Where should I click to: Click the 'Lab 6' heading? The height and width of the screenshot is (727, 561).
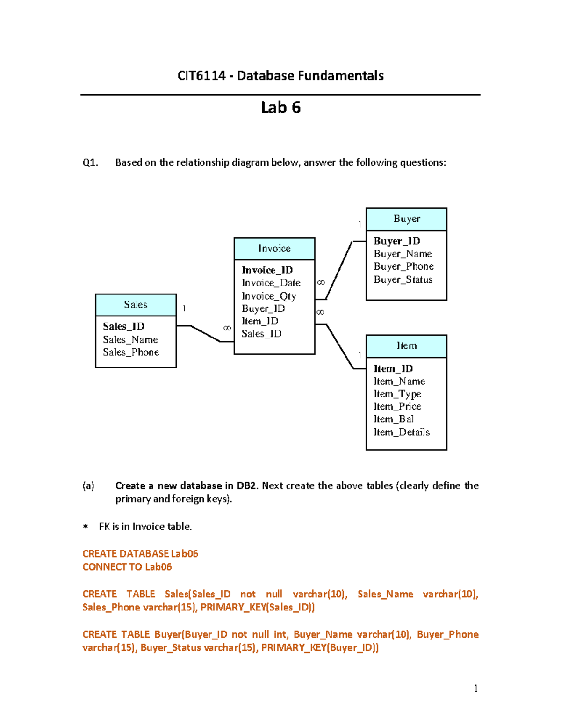tap(280, 108)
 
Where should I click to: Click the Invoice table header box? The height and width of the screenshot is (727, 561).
tap(274, 249)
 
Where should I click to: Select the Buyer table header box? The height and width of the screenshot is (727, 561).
tap(406, 219)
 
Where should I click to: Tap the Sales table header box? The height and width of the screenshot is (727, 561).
tap(136, 305)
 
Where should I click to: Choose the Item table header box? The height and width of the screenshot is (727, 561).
tap(406, 346)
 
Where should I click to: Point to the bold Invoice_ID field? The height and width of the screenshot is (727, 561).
tap(267, 270)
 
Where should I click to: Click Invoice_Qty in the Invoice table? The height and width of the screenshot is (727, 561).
tap(269, 296)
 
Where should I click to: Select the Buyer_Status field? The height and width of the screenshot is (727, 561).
tap(403, 279)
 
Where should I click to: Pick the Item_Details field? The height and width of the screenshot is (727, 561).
tap(402, 432)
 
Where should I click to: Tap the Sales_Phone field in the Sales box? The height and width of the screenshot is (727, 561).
tap(131, 352)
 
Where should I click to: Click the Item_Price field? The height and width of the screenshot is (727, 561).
tap(397, 406)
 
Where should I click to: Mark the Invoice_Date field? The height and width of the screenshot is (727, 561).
tap(271, 283)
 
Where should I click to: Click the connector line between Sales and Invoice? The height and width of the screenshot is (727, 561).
tap(205, 334)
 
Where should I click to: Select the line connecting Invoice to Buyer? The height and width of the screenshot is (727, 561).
tap(339, 270)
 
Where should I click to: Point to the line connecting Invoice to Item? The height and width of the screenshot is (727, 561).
tap(340, 346)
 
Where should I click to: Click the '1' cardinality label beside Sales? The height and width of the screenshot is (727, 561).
tap(184, 308)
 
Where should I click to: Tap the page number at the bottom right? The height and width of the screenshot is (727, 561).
tap(475, 688)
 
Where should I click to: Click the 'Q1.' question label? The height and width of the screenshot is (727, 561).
tap(90, 162)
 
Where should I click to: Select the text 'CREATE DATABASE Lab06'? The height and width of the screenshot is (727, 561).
tap(140, 553)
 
